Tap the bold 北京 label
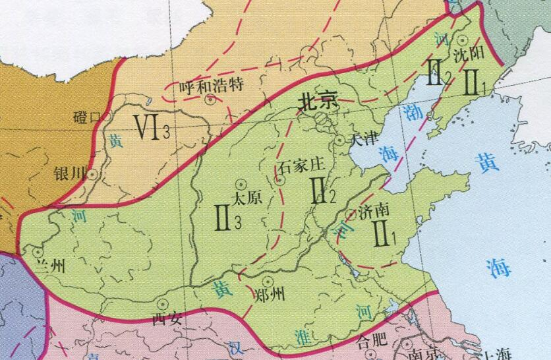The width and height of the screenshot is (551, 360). tap(318, 100)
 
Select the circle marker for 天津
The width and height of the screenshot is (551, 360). tap(338, 140)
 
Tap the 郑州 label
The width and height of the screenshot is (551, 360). tap(269, 295)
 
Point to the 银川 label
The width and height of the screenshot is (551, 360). tap(71, 173)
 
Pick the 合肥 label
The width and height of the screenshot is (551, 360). tap(370, 341)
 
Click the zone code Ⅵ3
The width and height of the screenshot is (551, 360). tap(152, 127)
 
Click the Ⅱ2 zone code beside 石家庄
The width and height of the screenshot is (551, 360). tap(324, 191)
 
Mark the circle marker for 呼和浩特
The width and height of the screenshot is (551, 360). tap(210, 100)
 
